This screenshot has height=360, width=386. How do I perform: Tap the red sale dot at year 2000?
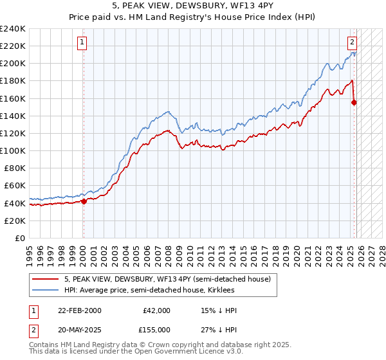(84, 201)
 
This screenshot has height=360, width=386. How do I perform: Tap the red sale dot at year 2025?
(354, 102)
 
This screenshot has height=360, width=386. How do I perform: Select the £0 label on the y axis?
(20, 238)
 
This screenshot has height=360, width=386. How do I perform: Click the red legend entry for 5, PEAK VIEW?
(170, 279)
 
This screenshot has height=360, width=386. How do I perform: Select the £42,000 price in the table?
(156, 310)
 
